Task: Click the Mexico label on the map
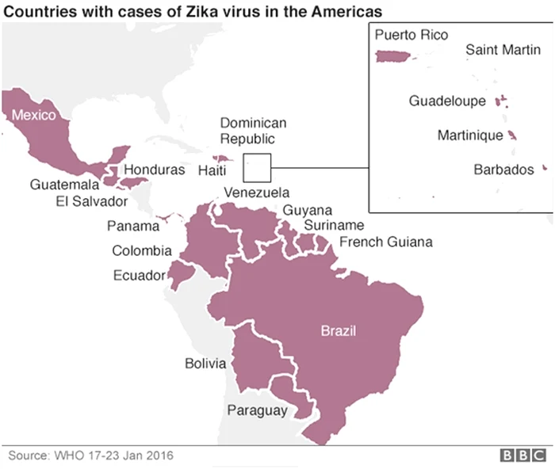pyautogui.click(x=33, y=116)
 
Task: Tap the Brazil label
pyautogui.click(x=339, y=330)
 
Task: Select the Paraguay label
pyautogui.click(x=257, y=410)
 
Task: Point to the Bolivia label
pyautogui.click(x=205, y=364)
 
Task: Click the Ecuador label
pyautogui.click(x=139, y=276)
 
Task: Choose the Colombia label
pyautogui.click(x=141, y=251)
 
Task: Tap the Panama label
pyautogui.click(x=132, y=227)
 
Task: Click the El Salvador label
pyautogui.click(x=92, y=201)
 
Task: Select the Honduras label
pyautogui.click(x=155, y=170)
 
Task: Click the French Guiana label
pyautogui.click(x=385, y=242)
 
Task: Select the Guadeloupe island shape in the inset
pyautogui.click(x=500, y=101)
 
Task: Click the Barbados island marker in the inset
pyautogui.click(x=545, y=168)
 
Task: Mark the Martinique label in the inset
pyautogui.click(x=470, y=135)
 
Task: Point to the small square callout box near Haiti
pyautogui.click(x=257, y=167)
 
